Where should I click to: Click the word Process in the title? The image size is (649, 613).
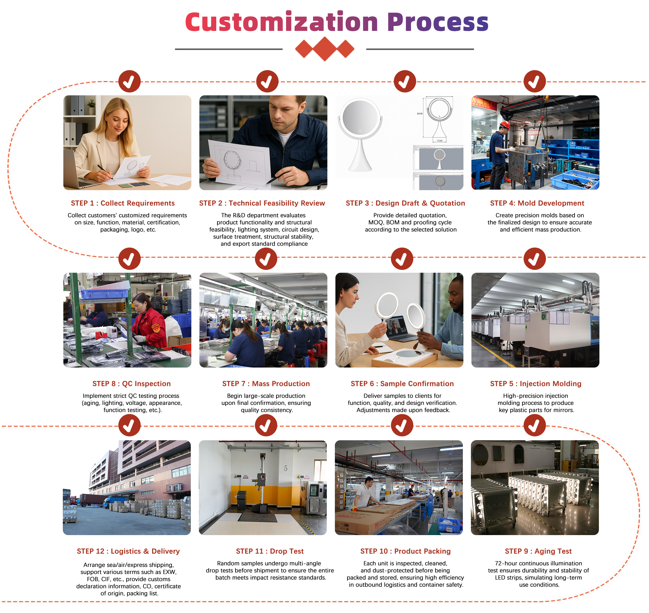(x=438, y=22)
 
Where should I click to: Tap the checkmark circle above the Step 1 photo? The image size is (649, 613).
(x=129, y=81)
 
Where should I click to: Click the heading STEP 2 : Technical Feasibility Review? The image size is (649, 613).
(x=262, y=203)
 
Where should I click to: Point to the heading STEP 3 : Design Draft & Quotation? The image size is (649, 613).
(x=405, y=203)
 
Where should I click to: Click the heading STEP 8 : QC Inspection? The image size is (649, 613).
(x=131, y=384)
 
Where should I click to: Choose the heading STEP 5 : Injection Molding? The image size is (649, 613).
(x=536, y=384)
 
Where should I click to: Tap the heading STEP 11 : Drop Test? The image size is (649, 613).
(x=270, y=551)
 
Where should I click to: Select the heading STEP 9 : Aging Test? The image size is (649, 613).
(x=538, y=551)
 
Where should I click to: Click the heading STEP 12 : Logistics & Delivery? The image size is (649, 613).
(x=128, y=551)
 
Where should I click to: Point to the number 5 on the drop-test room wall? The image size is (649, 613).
(x=286, y=469)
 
